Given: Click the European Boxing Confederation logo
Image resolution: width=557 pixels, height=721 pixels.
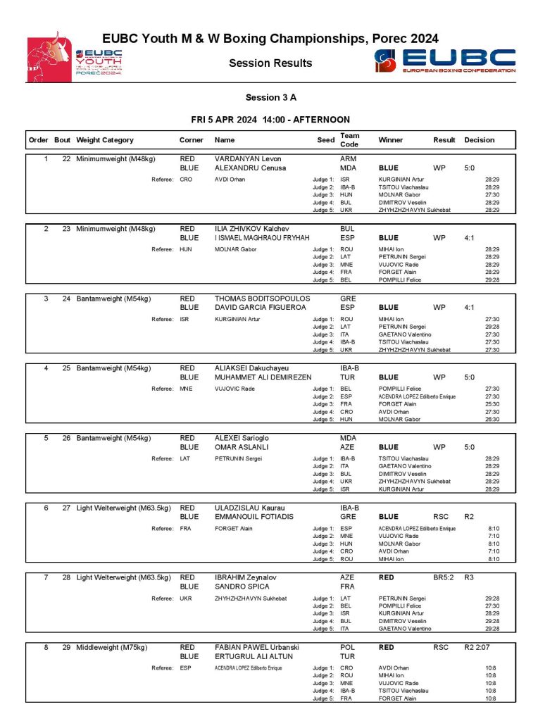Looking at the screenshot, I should [445, 61].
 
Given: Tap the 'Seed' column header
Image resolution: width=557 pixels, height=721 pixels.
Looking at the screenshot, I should [325, 140].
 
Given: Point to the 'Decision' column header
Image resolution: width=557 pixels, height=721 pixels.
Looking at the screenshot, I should [479, 140].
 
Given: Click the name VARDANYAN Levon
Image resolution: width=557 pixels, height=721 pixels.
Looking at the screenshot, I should [247, 159].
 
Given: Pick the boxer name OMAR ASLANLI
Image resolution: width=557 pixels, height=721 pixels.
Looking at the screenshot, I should [242, 447].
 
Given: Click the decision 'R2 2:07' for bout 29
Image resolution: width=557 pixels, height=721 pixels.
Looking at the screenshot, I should [477, 646].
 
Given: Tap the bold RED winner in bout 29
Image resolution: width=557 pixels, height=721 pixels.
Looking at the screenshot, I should [387, 646].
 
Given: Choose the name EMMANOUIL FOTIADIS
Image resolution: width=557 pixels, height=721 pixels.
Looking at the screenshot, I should [254, 517].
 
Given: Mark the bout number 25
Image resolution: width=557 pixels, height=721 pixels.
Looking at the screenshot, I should [66, 368].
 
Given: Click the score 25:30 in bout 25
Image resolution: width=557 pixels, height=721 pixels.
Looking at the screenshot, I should [492, 404].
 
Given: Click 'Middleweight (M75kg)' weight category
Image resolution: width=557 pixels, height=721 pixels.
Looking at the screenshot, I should [112, 646].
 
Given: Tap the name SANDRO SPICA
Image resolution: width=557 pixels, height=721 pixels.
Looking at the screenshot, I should [242, 587].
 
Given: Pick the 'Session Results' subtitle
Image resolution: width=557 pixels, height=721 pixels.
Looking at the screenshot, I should [270, 63].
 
